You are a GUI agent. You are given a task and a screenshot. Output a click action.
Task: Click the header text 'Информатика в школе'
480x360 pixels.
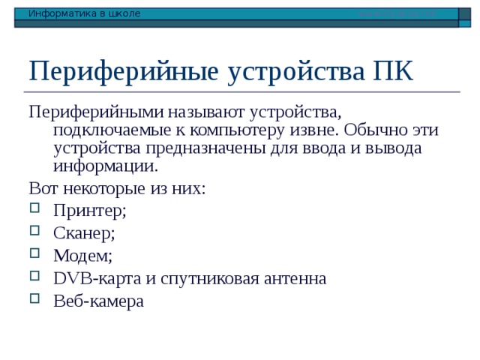coord(84,13)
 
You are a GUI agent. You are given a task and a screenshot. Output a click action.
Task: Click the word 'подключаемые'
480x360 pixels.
coord(106,130)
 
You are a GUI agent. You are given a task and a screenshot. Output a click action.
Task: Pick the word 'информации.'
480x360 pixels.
coord(106,166)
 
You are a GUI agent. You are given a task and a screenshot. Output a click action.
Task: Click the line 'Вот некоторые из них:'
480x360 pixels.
coord(116,188)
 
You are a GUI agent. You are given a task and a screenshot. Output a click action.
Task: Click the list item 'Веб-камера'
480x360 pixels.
coord(98,301)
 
